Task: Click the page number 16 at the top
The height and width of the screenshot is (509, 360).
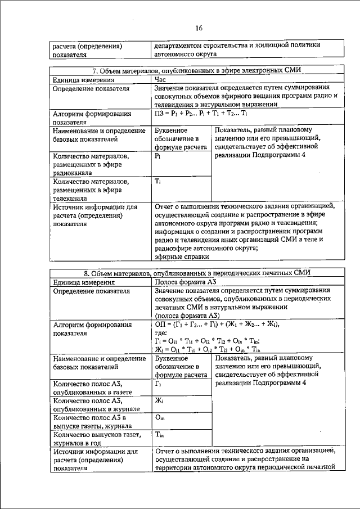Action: pyautogui.click(x=198, y=28)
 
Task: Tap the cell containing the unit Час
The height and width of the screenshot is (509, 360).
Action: pyautogui.click(x=161, y=80)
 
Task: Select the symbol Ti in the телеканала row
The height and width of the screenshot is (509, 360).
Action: pyautogui.click(x=159, y=182)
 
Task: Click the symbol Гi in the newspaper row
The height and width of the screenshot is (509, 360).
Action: pyautogui.click(x=159, y=383)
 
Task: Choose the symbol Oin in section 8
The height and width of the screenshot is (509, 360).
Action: pyautogui.click(x=160, y=418)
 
